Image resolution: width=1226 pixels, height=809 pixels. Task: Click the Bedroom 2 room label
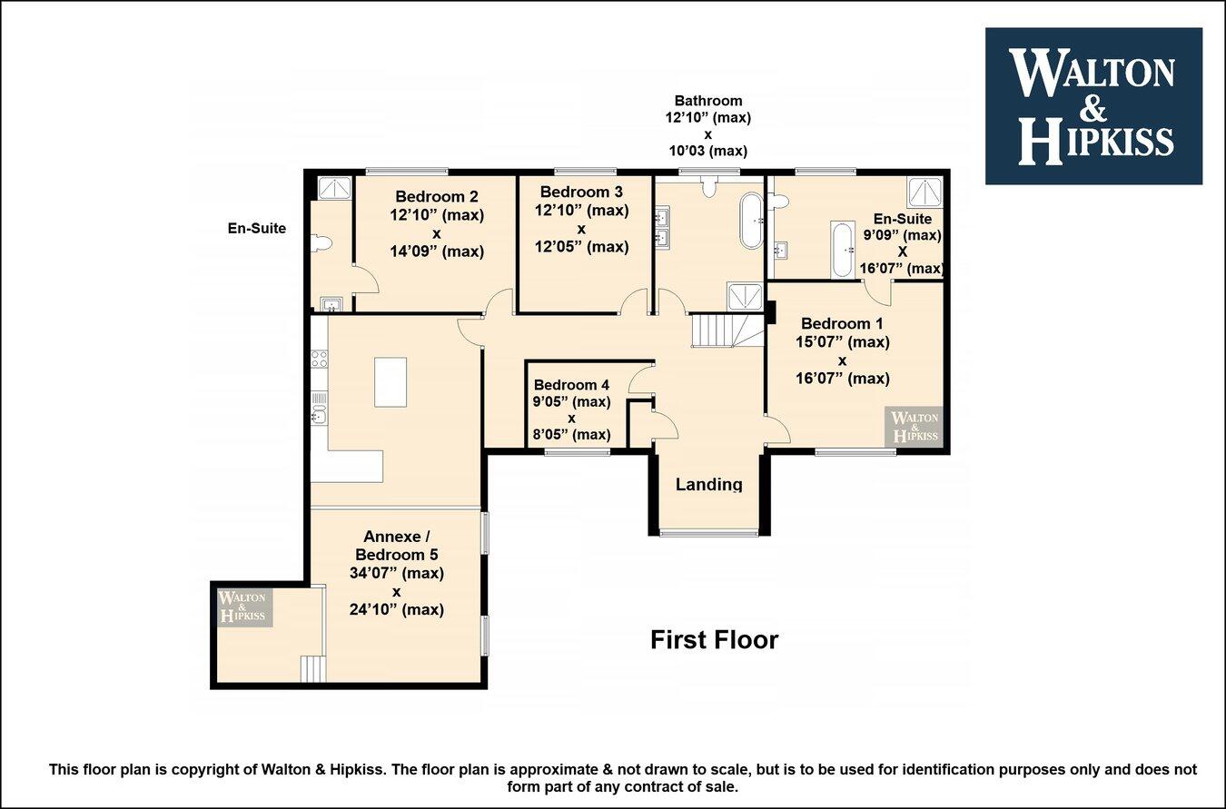point(437,196)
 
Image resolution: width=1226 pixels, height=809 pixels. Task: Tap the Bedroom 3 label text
point(581,192)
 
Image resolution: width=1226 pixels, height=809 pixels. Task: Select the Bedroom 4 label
point(571,385)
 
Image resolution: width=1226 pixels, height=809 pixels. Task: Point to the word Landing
point(708,485)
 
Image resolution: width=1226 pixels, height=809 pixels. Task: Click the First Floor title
point(714,640)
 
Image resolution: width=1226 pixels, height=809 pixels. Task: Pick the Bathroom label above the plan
point(708,101)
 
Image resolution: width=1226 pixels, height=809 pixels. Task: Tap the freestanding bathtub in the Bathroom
point(751,220)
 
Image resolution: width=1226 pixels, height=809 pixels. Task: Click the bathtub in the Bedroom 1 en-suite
point(843,250)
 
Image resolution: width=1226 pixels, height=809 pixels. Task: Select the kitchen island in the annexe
point(391,382)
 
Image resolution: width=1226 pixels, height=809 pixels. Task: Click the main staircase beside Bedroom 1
point(727,331)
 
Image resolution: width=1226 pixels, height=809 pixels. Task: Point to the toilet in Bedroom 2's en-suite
point(321,243)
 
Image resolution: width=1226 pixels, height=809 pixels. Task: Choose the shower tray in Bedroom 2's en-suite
point(335,188)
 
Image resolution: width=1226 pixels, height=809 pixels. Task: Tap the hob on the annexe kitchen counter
point(320,359)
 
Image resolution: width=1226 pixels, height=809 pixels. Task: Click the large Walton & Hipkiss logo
point(1093,106)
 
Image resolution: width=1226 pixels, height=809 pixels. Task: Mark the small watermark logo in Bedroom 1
point(914,427)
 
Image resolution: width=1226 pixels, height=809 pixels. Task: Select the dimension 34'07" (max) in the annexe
point(396,573)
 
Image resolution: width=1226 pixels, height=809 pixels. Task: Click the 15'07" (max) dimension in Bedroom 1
point(842,342)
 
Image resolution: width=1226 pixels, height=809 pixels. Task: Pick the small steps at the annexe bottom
point(313,669)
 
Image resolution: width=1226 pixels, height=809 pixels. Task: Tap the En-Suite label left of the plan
point(257,228)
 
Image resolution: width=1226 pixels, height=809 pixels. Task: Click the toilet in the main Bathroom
point(709,187)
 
